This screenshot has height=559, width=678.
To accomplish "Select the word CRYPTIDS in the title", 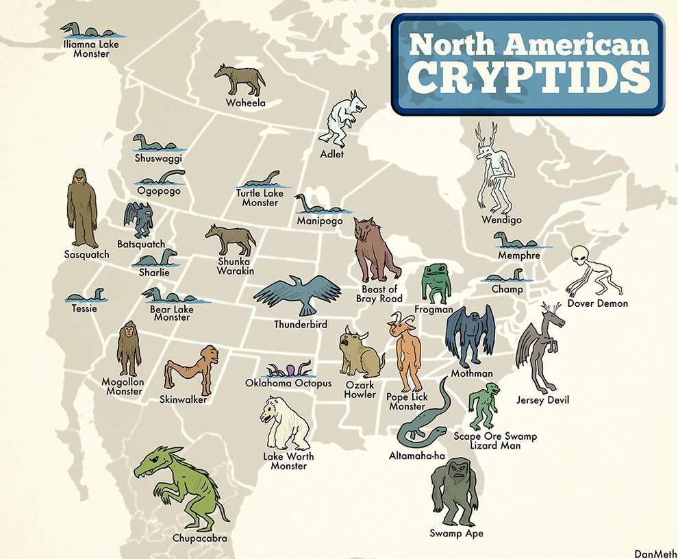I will [530, 78].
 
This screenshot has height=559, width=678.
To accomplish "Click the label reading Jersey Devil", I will [542, 400].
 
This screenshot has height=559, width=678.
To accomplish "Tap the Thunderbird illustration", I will [298, 293].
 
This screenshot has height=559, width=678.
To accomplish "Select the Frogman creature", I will [435, 282].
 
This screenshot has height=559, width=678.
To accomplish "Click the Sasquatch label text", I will [86, 255].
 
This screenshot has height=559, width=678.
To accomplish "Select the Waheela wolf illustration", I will [239, 80].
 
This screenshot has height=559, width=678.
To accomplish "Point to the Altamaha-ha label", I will [417, 456].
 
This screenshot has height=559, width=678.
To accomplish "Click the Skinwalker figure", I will [192, 369].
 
